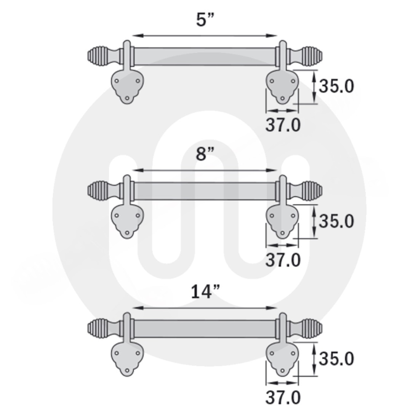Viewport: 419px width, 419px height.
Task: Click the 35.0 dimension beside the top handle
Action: (336, 86)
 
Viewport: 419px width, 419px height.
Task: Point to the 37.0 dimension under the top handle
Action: (283, 125)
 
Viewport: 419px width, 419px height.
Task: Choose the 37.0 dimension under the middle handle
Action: (283, 260)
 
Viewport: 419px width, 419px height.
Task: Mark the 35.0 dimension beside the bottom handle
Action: (336, 358)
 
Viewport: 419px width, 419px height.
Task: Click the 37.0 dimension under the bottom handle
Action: (283, 398)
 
